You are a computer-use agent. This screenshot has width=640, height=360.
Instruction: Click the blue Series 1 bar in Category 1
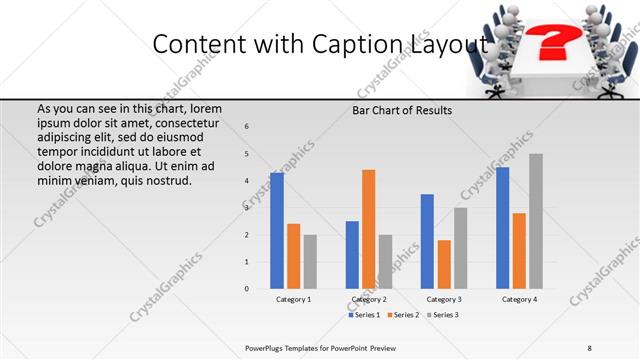tap(277, 231)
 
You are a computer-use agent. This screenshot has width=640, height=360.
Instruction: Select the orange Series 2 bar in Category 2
tap(368, 229)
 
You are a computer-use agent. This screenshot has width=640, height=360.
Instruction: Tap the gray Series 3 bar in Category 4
tap(536, 221)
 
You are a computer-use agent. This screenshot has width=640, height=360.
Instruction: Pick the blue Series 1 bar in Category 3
tap(427, 241)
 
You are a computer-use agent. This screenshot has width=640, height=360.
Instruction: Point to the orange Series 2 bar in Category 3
tap(444, 264)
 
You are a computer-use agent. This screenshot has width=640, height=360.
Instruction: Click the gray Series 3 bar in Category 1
tap(310, 262)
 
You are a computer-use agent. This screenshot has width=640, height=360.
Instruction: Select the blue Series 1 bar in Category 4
tap(502, 228)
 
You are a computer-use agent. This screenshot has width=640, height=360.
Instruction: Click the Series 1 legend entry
tap(365, 315)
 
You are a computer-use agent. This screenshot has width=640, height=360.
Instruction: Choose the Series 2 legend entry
tap(405, 315)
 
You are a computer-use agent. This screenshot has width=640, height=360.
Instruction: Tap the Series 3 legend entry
tap(444, 315)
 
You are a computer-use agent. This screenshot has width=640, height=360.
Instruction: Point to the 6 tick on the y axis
tap(247, 126)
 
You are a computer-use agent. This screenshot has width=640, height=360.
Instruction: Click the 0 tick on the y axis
tap(247, 289)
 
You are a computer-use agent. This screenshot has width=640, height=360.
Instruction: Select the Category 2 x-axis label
tap(369, 299)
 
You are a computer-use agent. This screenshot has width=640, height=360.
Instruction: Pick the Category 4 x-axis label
tap(519, 299)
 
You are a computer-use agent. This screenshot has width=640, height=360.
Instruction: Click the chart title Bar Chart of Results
tap(402, 111)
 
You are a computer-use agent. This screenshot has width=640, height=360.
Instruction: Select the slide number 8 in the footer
tap(590, 347)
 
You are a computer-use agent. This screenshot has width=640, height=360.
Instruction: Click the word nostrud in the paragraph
tap(167, 180)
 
